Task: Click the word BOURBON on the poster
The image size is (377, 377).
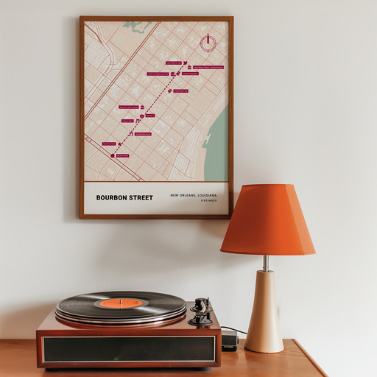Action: click(x=110, y=197)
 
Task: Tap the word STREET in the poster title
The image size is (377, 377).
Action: click(x=139, y=197)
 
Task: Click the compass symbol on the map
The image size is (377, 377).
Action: click(x=208, y=42)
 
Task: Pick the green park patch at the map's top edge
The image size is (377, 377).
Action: click(x=136, y=26)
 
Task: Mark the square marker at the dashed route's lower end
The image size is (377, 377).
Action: click(x=113, y=155)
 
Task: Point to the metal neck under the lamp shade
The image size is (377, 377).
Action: click(x=265, y=262)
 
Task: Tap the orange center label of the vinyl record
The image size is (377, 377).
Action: click(x=121, y=303)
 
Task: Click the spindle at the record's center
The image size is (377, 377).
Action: click(x=121, y=301)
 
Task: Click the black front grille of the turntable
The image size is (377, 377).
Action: click(x=129, y=349)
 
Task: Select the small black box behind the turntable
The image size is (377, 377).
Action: click(x=229, y=339)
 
